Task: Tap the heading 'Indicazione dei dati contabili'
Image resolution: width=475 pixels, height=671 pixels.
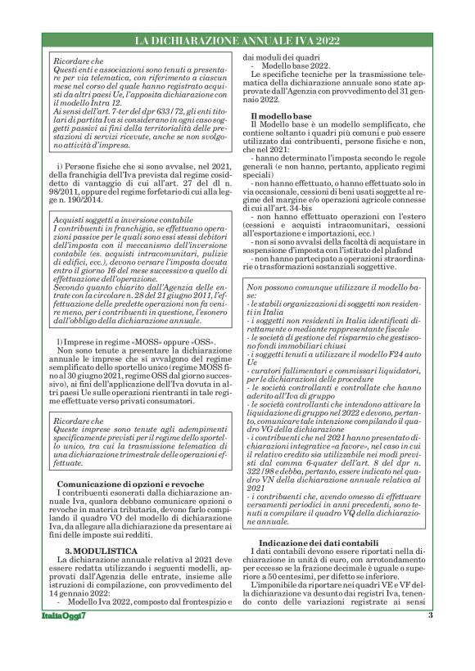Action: coord(318,544)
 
